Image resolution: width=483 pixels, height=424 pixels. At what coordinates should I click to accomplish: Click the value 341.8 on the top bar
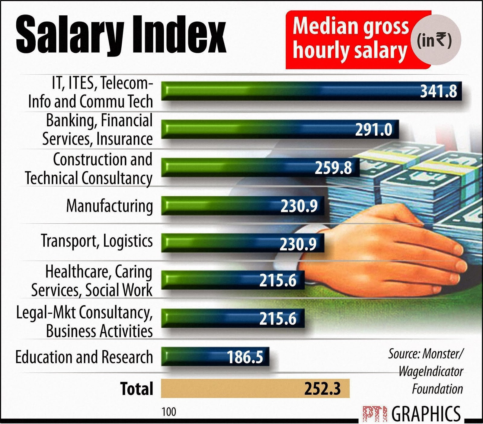point(439,91)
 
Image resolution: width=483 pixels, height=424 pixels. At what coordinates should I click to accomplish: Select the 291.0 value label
point(373,130)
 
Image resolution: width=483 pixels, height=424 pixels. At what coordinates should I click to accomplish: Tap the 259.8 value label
point(333,168)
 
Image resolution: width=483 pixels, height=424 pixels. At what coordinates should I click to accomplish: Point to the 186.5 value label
point(245,357)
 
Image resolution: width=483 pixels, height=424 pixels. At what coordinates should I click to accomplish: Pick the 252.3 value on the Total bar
point(322,389)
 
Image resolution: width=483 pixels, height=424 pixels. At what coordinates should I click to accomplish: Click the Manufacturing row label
point(110,206)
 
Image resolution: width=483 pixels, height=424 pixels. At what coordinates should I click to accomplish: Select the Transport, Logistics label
point(97,241)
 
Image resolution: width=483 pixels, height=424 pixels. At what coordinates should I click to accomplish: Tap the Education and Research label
point(84,357)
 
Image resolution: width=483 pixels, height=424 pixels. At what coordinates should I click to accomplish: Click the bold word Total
point(136,389)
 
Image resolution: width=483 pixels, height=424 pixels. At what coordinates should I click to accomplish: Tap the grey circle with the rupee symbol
point(435,40)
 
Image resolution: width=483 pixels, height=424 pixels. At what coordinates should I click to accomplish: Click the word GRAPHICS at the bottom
point(426,413)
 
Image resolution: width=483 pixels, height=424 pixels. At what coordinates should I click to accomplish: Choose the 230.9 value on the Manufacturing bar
point(299,206)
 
